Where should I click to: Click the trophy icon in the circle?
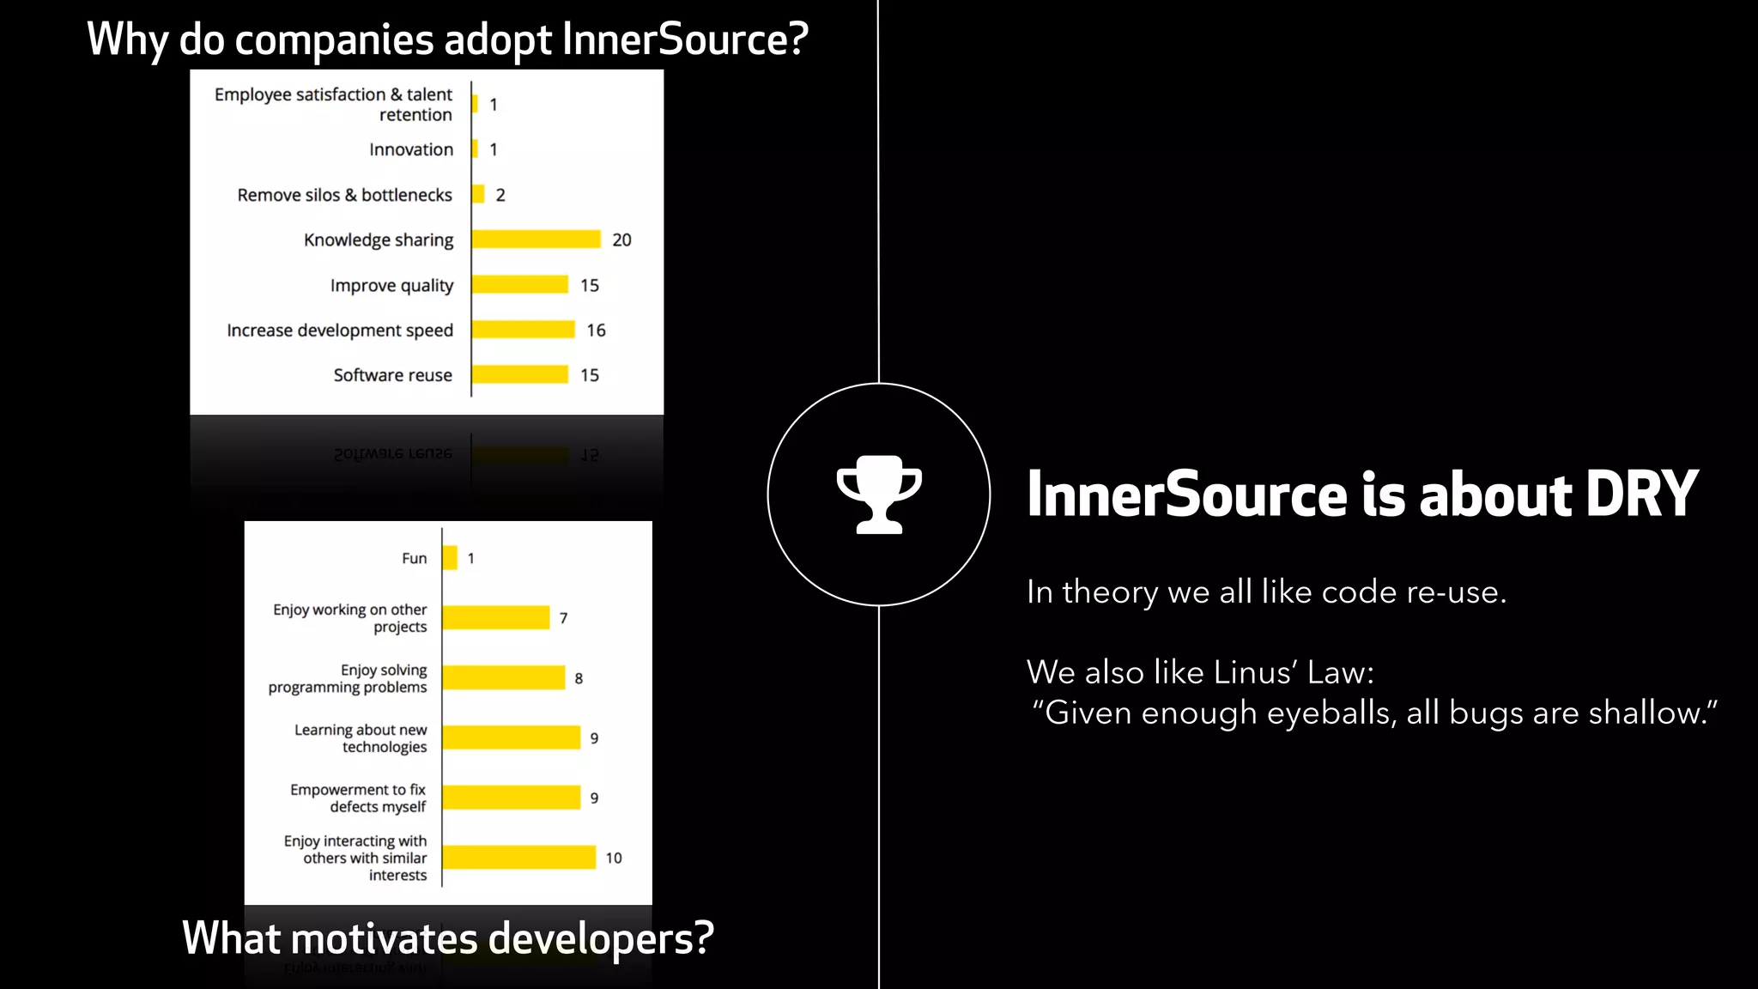point(879,494)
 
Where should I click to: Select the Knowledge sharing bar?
point(536,240)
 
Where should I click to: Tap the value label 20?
point(621,240)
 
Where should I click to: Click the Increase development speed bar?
point(523,330)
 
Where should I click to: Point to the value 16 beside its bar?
point(596,331)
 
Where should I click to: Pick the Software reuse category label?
point(392,375)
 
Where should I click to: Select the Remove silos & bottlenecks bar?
point(478,195)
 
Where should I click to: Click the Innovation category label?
point(411,149)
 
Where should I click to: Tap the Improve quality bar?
point(519,285)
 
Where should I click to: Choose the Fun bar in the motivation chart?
point(450,558)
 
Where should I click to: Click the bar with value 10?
point(518,858)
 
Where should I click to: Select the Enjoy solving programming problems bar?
point(503,678)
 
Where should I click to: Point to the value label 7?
point(563,618)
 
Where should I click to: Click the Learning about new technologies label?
point(361,738)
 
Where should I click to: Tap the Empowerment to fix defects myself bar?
point(511,798)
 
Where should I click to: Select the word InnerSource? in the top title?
point(685,39)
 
